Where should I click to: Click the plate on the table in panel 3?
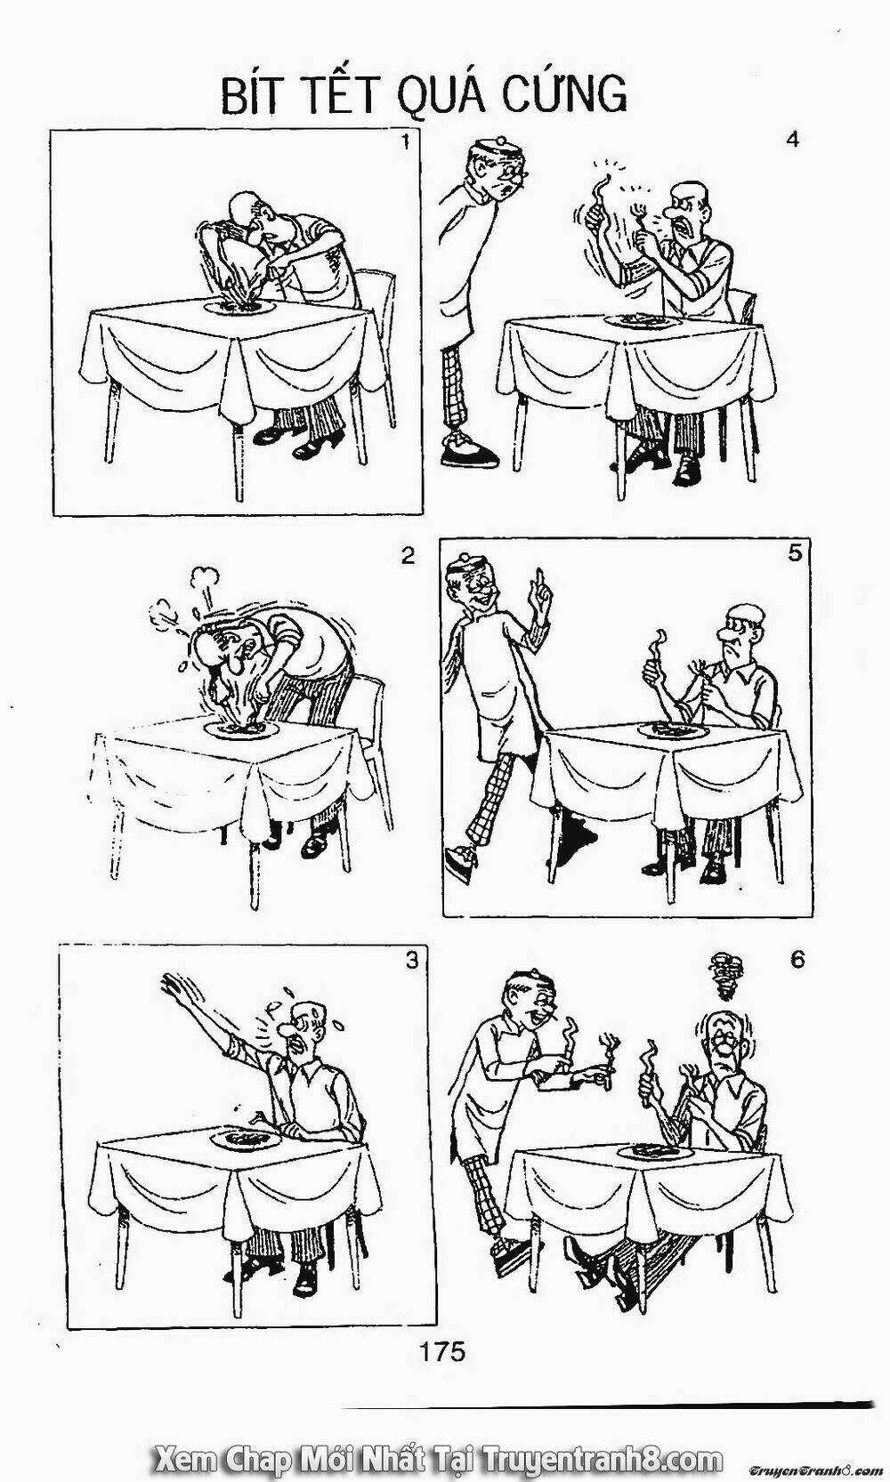(245, 1140)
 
